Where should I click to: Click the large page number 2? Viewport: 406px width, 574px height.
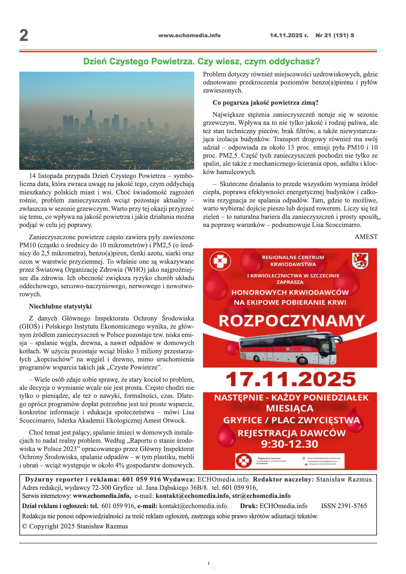tap(24, 35)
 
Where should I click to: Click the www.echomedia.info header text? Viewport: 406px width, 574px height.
tap(189, 35)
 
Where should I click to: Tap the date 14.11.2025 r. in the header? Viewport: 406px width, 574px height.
tap(289, 35)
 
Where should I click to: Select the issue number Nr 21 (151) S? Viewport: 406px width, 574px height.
tap(335, 35)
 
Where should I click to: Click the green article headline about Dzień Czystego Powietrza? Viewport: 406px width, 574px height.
tap(201, 61)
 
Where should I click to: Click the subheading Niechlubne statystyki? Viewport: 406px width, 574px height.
tap(60, 306)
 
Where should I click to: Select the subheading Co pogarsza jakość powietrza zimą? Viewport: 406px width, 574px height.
tap(265, 103)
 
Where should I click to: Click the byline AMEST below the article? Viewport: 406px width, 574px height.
tap(366, 237)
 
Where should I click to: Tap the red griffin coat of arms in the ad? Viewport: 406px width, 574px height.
tap(360, 261)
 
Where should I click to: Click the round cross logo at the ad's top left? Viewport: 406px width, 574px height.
tap(220, 261)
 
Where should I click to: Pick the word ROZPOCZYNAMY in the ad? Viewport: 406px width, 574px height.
tap(291, 321)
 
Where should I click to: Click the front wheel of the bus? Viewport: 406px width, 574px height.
tap(302, 361)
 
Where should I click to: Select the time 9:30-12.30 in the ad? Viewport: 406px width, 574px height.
tap(290, 444)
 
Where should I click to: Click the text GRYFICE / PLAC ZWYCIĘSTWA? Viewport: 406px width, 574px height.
tap(291, 421)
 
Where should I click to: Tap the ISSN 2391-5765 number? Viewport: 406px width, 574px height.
tap(344, 506)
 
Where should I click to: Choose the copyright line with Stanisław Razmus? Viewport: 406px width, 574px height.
tap(75, 526)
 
